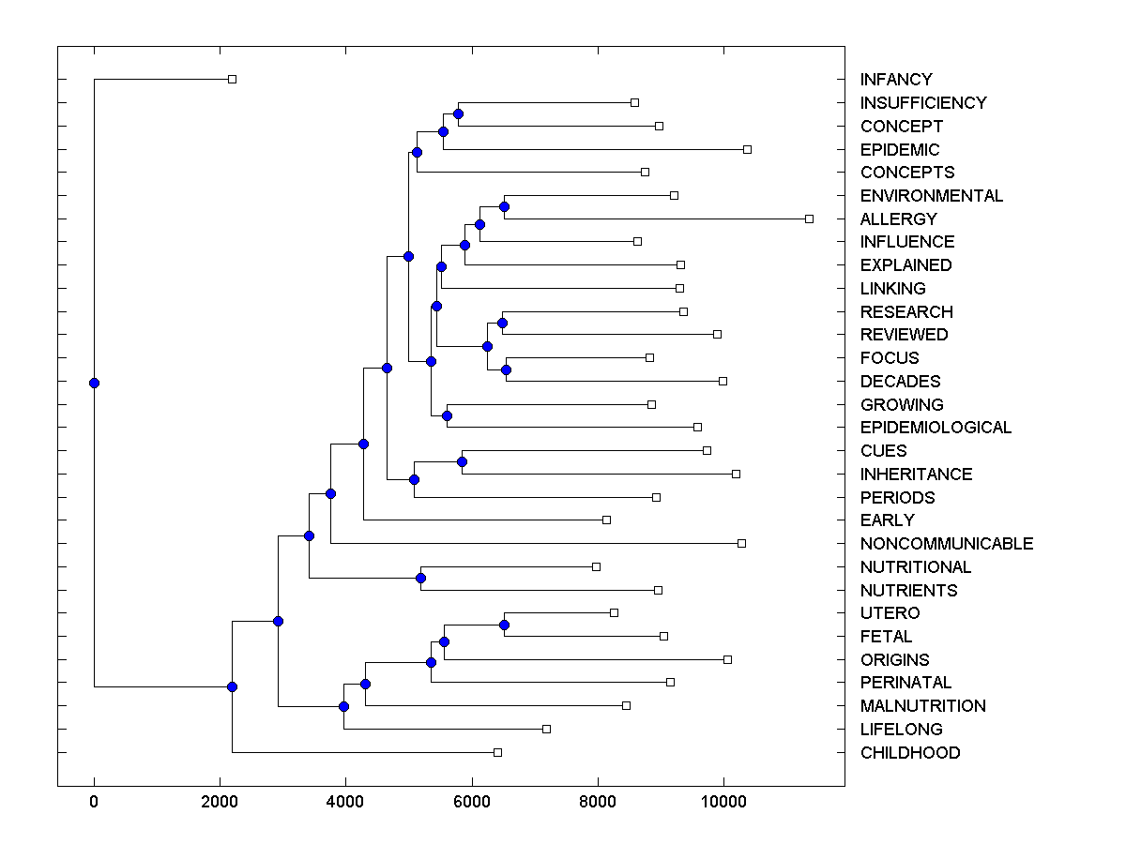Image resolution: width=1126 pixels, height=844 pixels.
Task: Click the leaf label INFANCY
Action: pos(896,80)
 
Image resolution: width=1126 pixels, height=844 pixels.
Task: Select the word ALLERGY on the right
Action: pos(898,219)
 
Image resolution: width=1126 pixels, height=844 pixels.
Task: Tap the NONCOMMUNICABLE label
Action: pos(946,544)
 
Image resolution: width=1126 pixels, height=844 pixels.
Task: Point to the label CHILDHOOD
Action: pos(909,753)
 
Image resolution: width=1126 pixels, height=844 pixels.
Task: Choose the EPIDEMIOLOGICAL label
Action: pos(936,428)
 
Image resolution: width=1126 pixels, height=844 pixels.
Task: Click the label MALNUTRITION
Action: pos(922,706)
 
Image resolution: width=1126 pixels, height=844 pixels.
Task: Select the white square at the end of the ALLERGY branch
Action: pos(809,219)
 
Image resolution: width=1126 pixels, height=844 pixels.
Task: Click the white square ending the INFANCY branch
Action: pos(233,80)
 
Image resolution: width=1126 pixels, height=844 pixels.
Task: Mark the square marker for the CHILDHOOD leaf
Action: pos(497,752)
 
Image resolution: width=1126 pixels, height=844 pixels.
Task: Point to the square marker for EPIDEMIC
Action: pos(747,149)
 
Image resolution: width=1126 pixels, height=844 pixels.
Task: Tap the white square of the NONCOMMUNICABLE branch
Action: pos(741,543)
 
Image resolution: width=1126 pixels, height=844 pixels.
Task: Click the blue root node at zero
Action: pos(94,383)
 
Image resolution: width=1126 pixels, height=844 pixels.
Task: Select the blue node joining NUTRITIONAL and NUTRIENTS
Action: pos(421,578)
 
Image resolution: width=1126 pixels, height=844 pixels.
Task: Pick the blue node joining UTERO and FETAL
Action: pos(504,625)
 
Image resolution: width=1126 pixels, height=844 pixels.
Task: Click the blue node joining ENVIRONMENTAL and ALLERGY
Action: pos(504,206)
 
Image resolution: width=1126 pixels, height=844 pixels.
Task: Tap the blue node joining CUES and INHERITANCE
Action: pos(462,461)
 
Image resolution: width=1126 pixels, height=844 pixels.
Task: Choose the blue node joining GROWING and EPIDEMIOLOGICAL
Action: pos(447,415)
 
